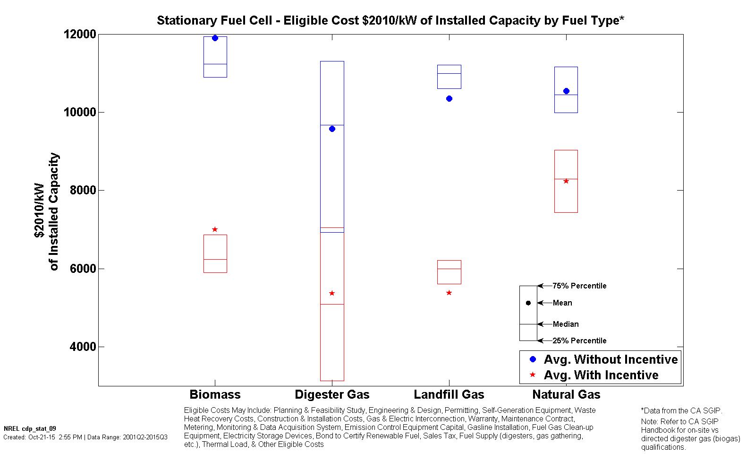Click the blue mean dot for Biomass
[x=215, y=38]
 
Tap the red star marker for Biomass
[x=215, y=229]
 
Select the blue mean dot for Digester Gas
[x=332, y=129]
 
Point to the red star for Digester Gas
[x=332, y=293]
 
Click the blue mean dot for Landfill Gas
[x=449, y=98]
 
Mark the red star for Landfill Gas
[x=449, y=293]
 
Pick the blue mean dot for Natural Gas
[x=566, y=91]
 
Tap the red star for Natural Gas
[x=566, y=181]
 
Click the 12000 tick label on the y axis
[x=80, y=35]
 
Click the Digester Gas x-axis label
[x=332, y=394]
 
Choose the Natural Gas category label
[x=566, y=394]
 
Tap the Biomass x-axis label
[x=215, y=394]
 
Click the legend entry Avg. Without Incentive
[x=611, y=359]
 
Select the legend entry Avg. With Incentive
[x=601, y=375]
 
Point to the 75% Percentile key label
[x=579, y=286]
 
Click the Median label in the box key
[x=566, y=324]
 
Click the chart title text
[x=390, y=20]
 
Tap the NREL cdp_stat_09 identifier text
[x=30, y=428]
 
